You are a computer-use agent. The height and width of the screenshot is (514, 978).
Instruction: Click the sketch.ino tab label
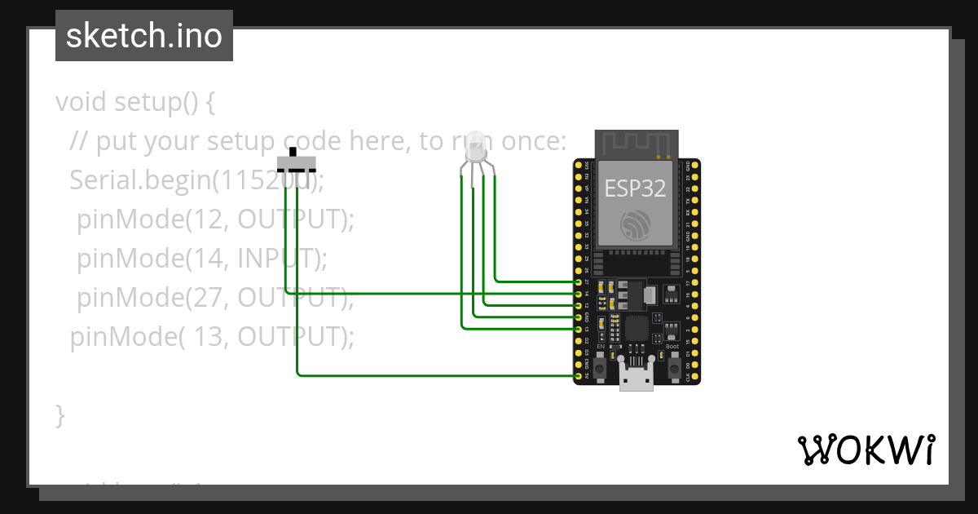[144, 36]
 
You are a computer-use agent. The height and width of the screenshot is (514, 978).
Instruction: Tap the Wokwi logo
[866, 450]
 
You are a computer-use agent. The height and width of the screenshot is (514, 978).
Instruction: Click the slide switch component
[295, 161]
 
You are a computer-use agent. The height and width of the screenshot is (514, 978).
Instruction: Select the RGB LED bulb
[475, 146]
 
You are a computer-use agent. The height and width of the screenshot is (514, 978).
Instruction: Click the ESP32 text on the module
[635, 188]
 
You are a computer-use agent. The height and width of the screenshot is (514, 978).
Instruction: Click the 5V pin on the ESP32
[579, 376]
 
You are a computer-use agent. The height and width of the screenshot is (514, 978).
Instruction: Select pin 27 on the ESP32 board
[579, 281]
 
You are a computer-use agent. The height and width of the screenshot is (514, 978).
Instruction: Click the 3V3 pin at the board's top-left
[579, 164]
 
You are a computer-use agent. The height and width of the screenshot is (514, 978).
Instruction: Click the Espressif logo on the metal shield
[635, 224]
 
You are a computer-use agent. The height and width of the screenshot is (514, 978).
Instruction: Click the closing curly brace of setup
[59, 414]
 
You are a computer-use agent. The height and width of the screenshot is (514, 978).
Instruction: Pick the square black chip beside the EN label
[636, 329]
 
